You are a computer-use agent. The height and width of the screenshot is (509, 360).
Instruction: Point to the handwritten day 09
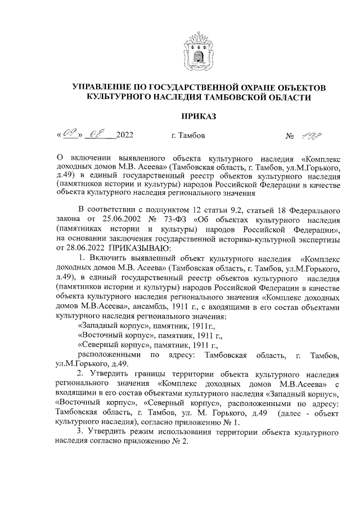coord(70,136)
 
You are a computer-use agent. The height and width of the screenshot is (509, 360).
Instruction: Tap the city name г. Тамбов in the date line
coord(187,136)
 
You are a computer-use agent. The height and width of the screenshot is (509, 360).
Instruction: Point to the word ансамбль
coord(154,307)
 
